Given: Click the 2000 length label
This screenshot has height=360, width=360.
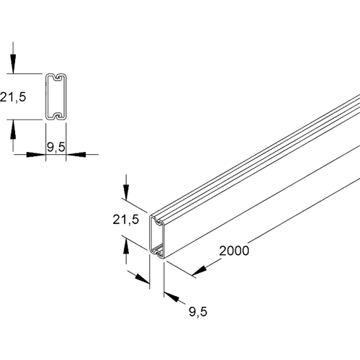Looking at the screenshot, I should point(234,251).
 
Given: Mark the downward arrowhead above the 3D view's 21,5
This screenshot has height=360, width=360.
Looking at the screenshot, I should point(127,192).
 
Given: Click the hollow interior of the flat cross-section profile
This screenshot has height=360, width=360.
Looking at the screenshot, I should point(55,96).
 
